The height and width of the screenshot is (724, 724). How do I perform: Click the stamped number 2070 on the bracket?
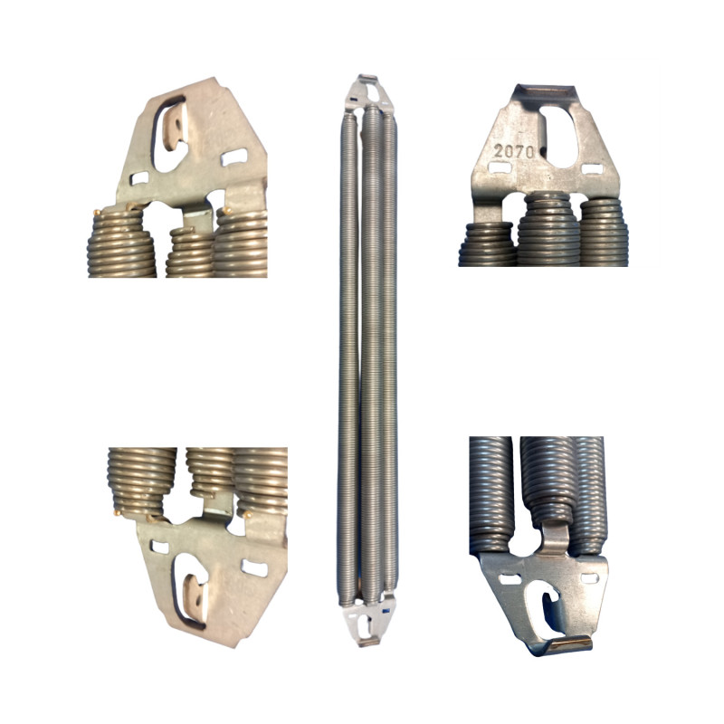pos(514,151)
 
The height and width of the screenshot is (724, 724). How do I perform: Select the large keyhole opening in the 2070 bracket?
pos(559,137)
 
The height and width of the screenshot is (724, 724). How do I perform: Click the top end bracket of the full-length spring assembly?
pos(364,94)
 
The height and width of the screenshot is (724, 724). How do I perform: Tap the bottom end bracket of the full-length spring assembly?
pos(367,621)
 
